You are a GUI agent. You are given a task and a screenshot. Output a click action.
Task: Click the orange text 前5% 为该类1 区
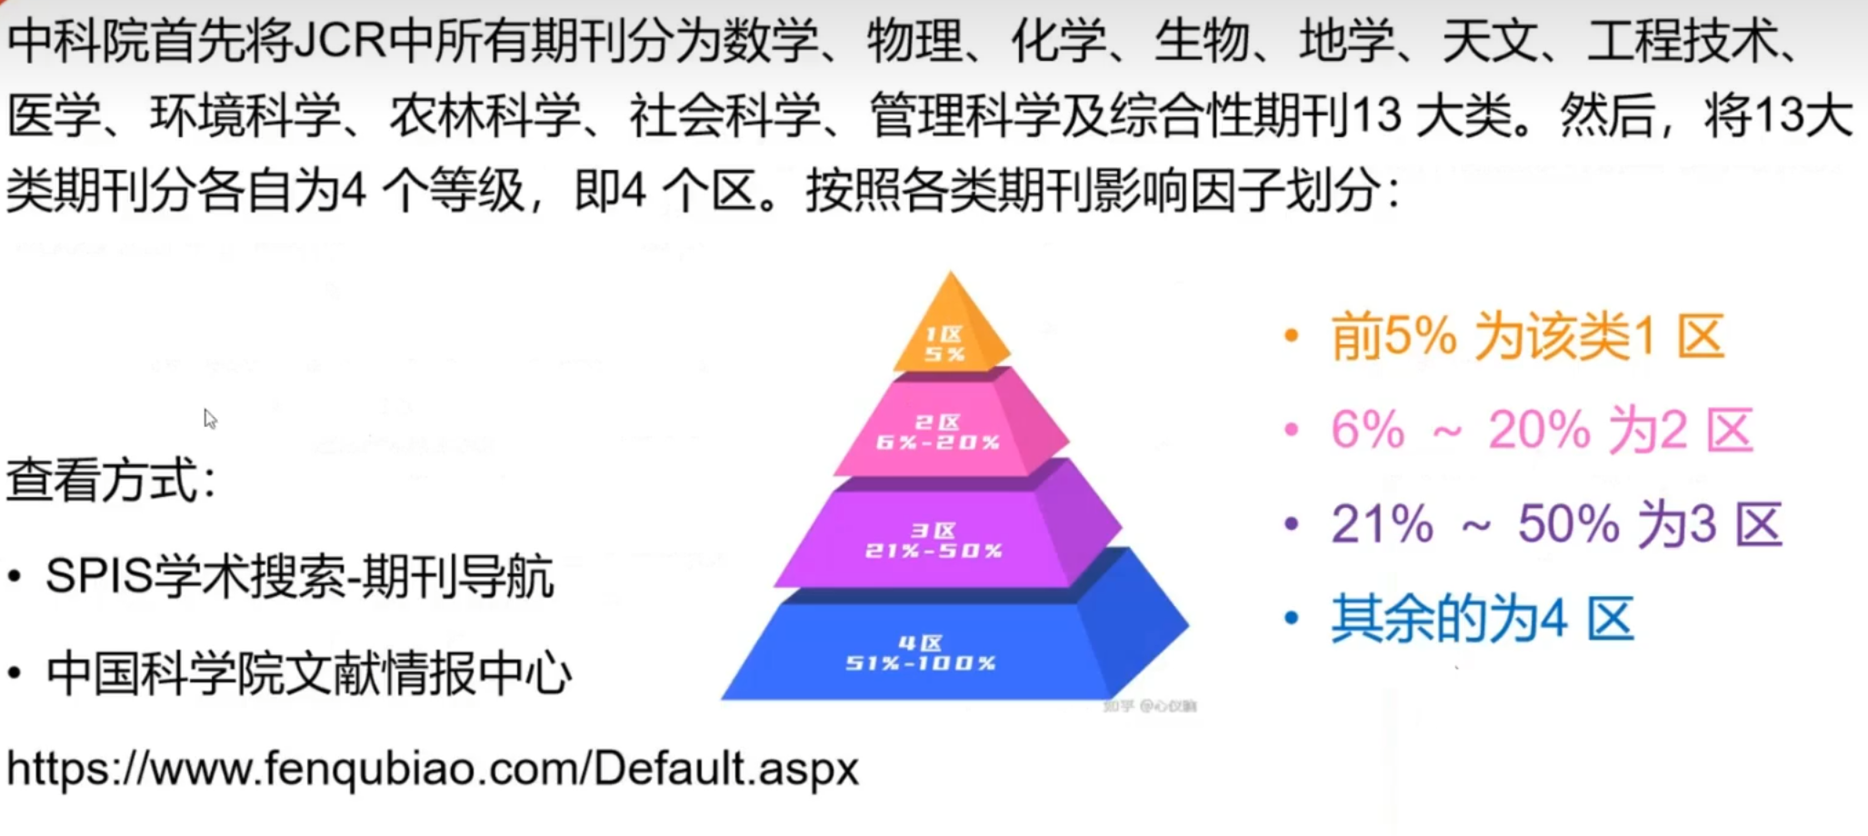(x=1527, y=337)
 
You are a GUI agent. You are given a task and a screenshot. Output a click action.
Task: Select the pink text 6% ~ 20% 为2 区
(x=1542, y=430)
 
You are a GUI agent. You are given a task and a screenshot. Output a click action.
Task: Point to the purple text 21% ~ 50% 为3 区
(x=1556, y=524)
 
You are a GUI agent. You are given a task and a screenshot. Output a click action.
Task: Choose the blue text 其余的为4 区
(x=1482, y=619)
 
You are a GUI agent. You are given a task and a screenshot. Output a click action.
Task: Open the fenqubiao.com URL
(x=433, y=769)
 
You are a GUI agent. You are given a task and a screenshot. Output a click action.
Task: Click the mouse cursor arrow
(x=209, y=418)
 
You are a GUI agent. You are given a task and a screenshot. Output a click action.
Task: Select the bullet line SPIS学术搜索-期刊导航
(x=299, y=577)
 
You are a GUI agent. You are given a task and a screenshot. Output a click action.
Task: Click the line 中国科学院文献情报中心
(x=309, y=673)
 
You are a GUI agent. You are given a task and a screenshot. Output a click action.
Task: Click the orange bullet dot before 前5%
(x=1291, y=336)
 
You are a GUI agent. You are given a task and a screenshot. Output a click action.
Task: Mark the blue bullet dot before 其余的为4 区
(x=1291, y=619)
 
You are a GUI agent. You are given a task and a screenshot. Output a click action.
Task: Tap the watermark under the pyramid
(x=1150, y=706)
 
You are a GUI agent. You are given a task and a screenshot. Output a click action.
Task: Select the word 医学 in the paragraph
(x=54, y=115)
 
